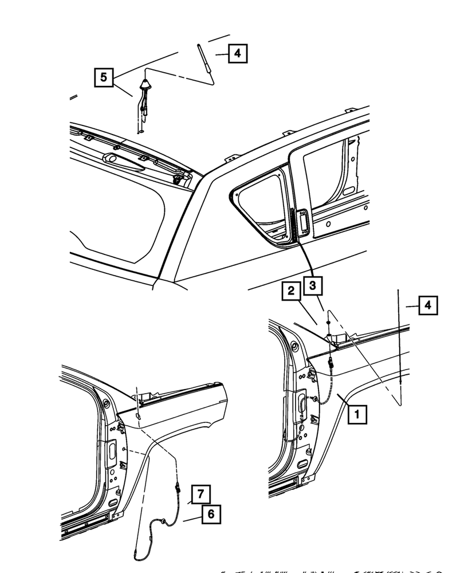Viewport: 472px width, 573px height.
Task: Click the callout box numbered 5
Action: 103,77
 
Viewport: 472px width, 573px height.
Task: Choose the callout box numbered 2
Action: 291,293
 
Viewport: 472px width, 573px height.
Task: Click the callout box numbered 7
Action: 200,493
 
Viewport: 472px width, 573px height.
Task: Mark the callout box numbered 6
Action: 210,515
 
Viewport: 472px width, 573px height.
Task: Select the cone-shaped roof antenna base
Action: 145,86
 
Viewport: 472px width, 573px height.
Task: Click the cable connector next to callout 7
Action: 179,489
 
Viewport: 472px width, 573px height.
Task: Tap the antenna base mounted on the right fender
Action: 332,337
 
